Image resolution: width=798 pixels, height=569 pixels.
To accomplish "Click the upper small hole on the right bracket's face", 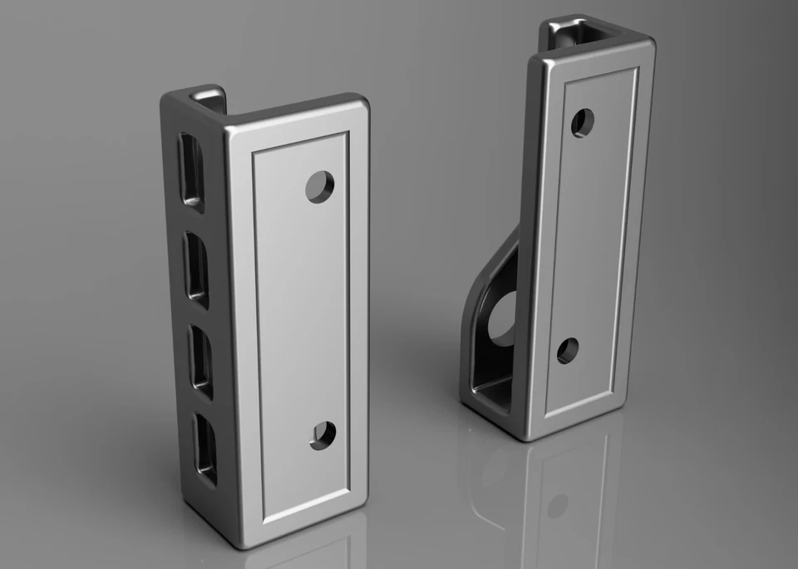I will pyautogui.click(x=582, y=123).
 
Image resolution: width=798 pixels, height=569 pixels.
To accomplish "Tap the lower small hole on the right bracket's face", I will pyautogui.click(x=568, y=351).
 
